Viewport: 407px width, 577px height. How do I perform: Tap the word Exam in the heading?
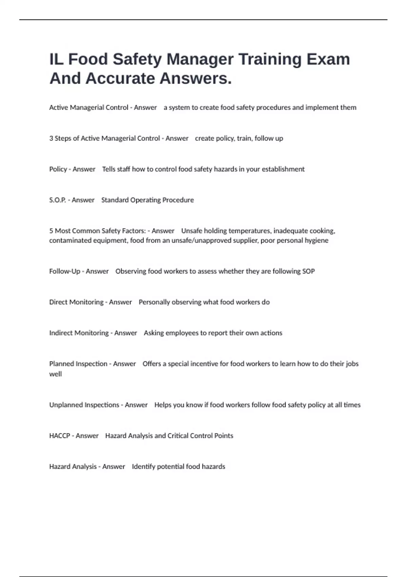[x=328, y=59]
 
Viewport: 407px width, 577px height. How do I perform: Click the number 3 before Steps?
[x=51, y=138]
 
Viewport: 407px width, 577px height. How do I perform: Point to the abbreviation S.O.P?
[x=58, y=200]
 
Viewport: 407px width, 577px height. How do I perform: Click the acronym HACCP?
[x=60, y=436]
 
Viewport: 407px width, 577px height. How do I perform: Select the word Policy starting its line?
[x=58, y=169]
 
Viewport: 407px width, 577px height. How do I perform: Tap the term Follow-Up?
[x=65, y=272]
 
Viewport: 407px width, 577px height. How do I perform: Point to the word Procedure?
[x=178, y=200]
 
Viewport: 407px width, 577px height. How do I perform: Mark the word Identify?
[x=143, y=467]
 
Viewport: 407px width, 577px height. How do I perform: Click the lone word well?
[x=56, y=374]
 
